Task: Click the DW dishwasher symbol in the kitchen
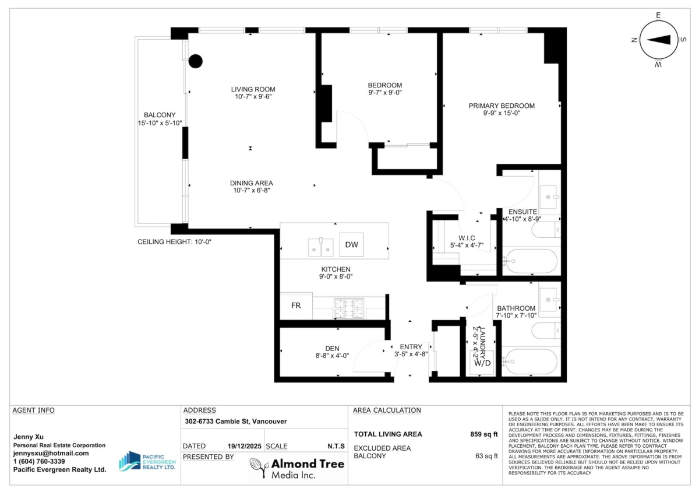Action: click(x=351, y=244)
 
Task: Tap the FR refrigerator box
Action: click(x=296, y=306)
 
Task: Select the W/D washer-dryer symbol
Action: click(x=482, y=363)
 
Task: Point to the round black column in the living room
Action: click(x=195, y=61)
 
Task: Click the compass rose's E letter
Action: click(x=658, y=15)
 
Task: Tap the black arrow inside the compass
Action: click(x=658, y=40)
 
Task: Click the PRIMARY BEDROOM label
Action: click(x=502, y=106)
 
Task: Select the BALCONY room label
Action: click(x=160, y=115)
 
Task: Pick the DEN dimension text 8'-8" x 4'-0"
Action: click(x=332, y=356)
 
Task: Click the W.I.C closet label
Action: click(x=467, y=238)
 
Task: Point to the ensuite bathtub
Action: click(x=531, y=261)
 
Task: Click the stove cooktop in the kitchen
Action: click(x=349, y=308)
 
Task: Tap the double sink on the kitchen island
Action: click(x=320, y=247)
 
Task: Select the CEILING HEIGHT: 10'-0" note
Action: click(x=174, y=242)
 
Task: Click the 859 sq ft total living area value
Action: click(x=484, y=434)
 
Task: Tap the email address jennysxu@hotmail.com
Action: click(x=51, y=453)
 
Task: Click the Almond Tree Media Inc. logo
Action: click(x=297, y=468)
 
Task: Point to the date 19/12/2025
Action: click(x=244, y=446)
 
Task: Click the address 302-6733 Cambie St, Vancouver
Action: click(x=235, y=422)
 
